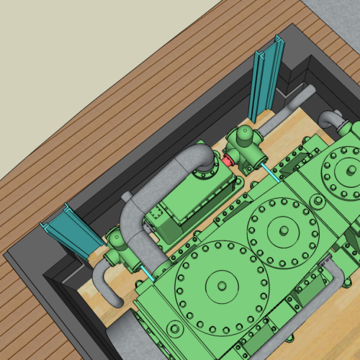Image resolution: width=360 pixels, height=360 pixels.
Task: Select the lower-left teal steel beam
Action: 68,233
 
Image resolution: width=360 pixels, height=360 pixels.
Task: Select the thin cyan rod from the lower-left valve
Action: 148,274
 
